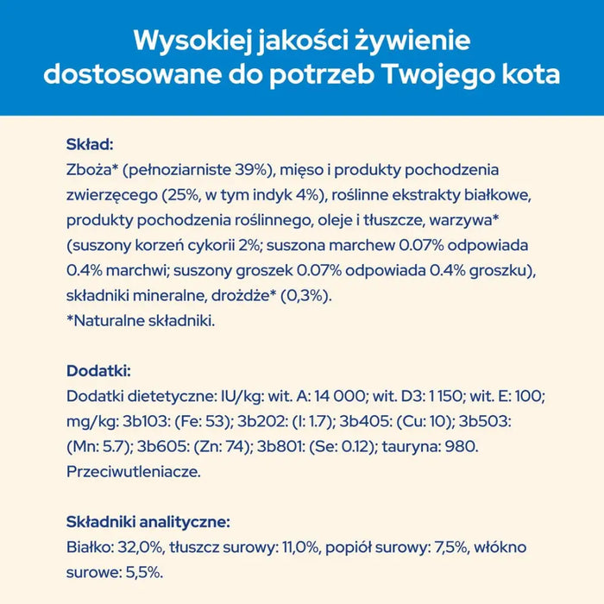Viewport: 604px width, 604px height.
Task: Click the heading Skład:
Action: (90, 145)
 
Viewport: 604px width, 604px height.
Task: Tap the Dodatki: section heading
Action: (98, 371)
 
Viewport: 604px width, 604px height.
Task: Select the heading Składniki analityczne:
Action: (148, 522)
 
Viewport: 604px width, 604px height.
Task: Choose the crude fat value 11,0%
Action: (282, 548)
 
